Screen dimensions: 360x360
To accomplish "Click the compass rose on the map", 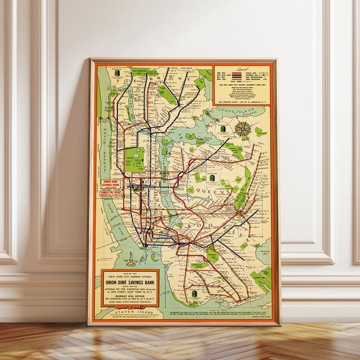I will coord(244,129).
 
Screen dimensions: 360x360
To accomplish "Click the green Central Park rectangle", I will coord(134,159).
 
